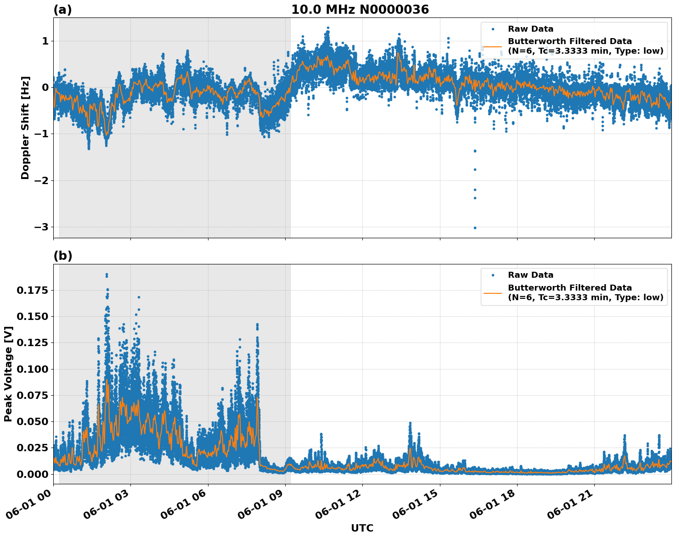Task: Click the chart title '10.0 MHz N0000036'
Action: tap(360, 10)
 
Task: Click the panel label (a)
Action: tap(62, 10)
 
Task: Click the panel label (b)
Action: tap(62, 256)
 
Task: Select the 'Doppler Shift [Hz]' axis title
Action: tap(25, 128)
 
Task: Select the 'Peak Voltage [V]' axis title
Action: tap(8, 374)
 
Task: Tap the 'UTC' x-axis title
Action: tap(362, 528)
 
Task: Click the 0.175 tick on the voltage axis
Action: tap(32, 290)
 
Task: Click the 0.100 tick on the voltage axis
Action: tap(32, 369)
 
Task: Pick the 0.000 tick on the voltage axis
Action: tap(32, 474)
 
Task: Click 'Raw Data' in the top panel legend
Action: tap(530, 29)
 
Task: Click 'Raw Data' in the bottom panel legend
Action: tap(530, 275)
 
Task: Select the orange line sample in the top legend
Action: tap(493, 46)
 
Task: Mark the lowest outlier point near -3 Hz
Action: tap(475, 228)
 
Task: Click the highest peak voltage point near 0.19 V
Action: tap(107, 275)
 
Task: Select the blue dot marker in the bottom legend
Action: tap(493, 275)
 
